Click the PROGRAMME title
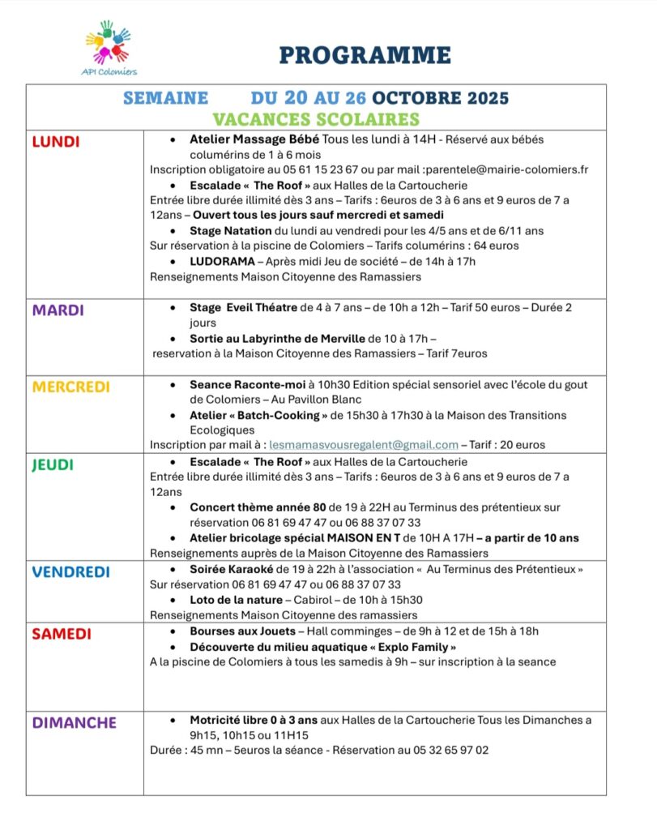pos(365,55)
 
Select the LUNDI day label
pos(56,142)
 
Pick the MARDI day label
pos(58,310)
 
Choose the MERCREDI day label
pos(70,387)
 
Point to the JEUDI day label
pos(53,464)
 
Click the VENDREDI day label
pos(70,571)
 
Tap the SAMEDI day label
pos(62,634)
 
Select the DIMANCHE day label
pos(75,722)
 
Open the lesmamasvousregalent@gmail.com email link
pos(364,444)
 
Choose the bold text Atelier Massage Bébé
pos(254,139)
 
